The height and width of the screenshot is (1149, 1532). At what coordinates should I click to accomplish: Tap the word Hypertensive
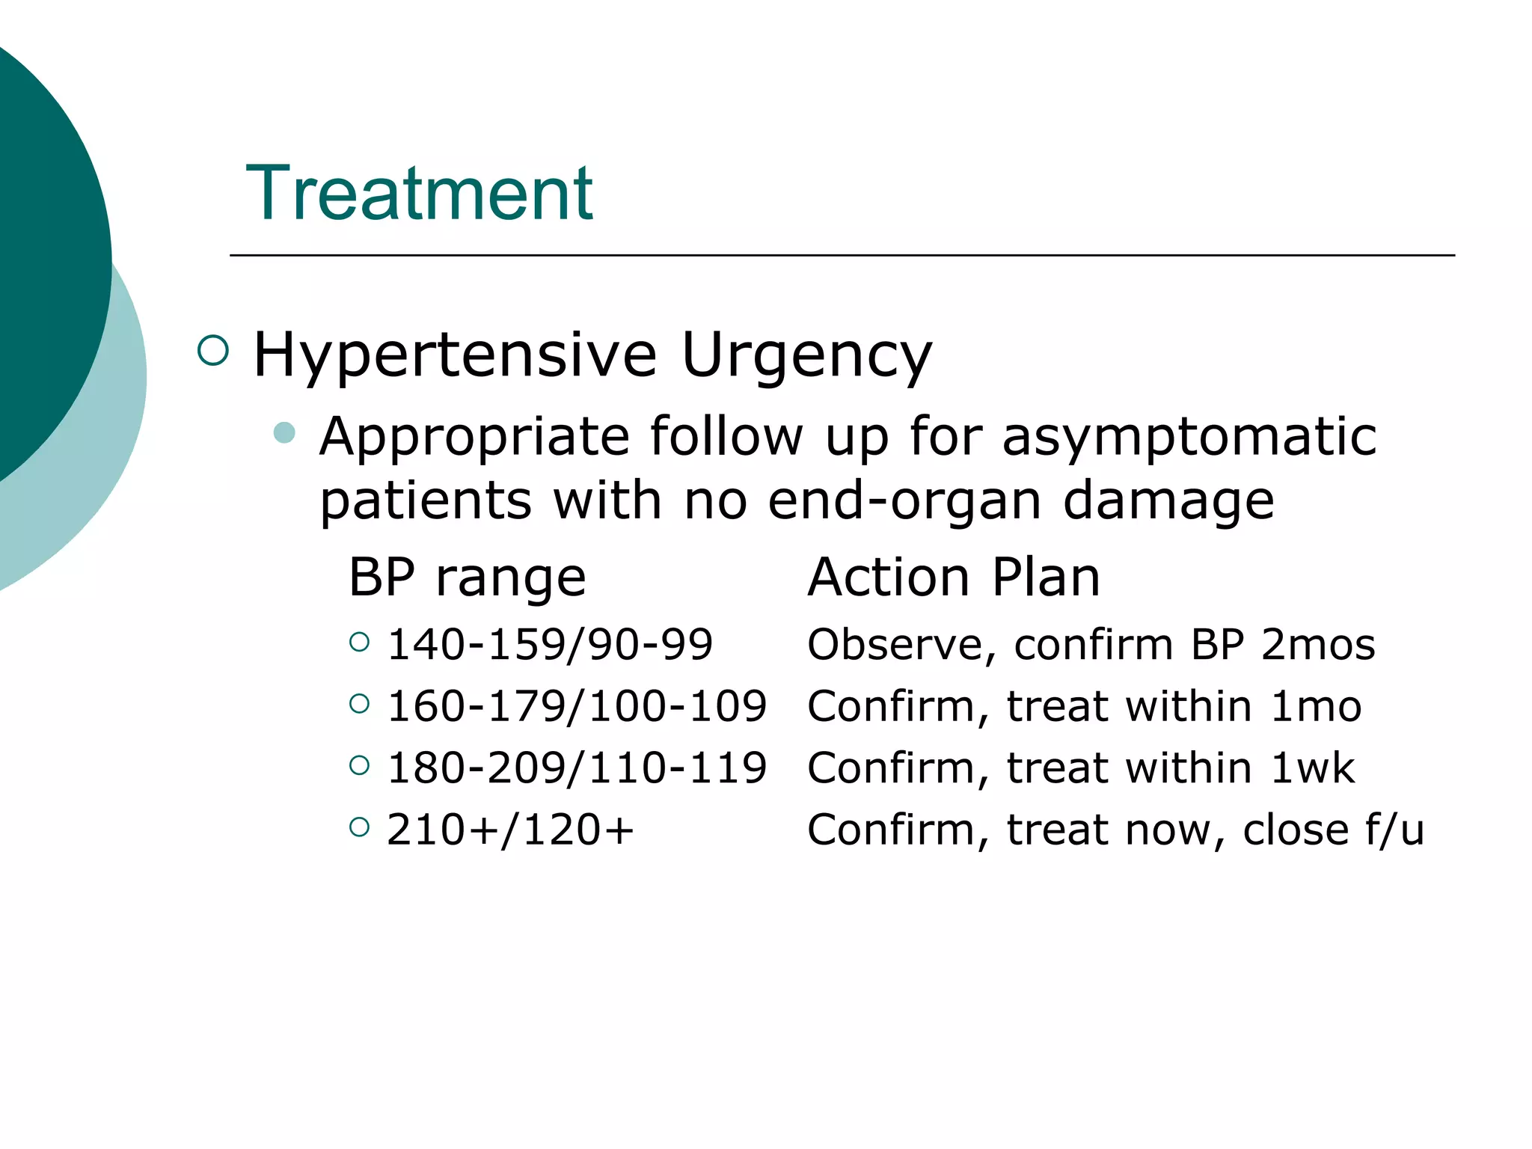pos(455,355)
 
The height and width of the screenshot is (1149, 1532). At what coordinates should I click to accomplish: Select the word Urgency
pos(806,355)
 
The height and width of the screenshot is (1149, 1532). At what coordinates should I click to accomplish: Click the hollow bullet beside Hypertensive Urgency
pos(213,350)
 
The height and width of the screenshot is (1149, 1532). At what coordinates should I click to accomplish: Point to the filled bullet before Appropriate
pos(284,432)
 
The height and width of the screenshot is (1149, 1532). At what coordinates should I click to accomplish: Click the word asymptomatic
pos(1189,437)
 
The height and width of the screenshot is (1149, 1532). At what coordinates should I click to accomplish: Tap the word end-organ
pos(904,500)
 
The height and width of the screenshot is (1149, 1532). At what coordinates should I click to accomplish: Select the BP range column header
pos(467,578)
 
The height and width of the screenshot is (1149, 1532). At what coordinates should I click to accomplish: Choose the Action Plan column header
pos(954,578)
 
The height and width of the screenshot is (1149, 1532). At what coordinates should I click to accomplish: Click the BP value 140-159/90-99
pos(550,645)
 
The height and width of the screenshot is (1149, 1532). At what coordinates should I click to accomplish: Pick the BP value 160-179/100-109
pos(577,706)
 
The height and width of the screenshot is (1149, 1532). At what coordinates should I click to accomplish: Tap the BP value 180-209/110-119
pos(577,768)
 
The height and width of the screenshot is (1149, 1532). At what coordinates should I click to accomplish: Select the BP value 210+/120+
pos(510,830)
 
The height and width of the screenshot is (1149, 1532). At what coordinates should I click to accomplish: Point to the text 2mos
pos(1318,645)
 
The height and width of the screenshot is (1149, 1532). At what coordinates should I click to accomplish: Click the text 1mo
pos(1316,706)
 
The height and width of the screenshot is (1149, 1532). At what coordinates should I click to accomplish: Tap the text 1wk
pos(1313,768)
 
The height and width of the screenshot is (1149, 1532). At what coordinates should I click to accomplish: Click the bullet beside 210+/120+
pos(360,827)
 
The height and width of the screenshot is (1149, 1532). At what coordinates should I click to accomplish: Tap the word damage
pos(1168,500)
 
